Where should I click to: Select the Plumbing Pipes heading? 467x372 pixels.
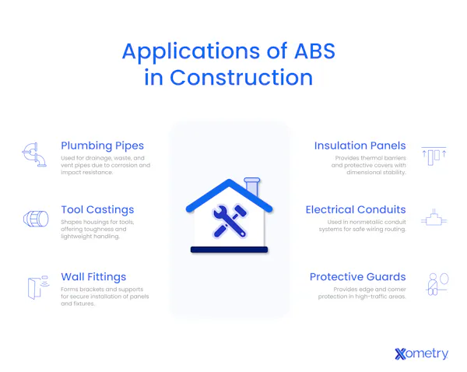[x=102, y=146]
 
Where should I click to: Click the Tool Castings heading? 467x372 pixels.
[x=97, y=209]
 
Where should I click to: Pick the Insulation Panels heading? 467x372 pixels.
[x=360, y=146]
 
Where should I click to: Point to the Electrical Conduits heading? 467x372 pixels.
[x=355, y=209]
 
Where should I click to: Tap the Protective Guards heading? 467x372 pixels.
[x=357, y=276]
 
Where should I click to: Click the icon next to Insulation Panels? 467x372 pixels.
[x=433, y=154]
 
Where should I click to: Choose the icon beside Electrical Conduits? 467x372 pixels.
[x=433, y=219]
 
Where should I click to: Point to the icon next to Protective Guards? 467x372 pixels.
[x=434, y=285]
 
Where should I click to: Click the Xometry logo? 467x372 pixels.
[x=421, y=353]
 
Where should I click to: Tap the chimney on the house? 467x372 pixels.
[x=251, y=188]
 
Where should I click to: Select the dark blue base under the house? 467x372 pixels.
[x=229, y=250]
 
